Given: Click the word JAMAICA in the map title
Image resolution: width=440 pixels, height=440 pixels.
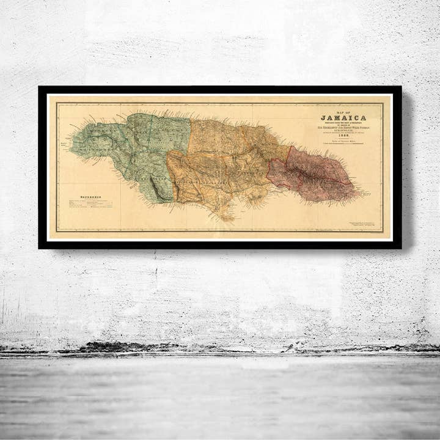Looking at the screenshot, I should [343, 117].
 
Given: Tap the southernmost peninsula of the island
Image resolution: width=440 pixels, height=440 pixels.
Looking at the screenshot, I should [227, 218].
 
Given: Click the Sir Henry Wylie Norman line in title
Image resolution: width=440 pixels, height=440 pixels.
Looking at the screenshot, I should [343, 127].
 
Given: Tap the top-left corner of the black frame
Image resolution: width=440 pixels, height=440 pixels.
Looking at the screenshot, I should [39, 87].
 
